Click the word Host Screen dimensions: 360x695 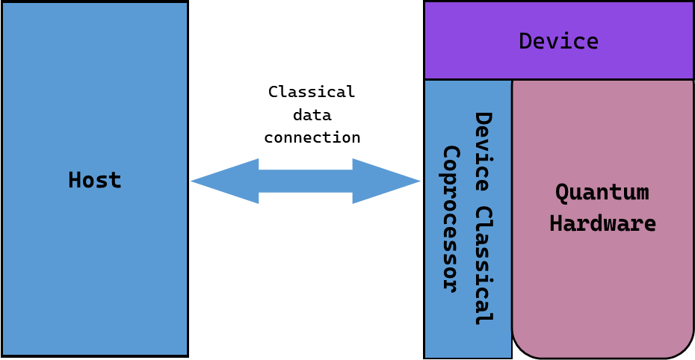tap(94, 180)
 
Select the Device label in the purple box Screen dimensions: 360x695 tap(558, 41)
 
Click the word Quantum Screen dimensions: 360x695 tap(602, 193)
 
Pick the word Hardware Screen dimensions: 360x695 tap(602, 224)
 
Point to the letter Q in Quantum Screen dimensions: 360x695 tap(562, 193)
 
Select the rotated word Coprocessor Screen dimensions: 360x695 tap(450, 218)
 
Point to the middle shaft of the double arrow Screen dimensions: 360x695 tap(306, 181)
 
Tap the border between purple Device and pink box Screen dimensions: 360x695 tap(602, 79)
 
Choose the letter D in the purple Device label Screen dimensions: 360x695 tap(525, 41)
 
